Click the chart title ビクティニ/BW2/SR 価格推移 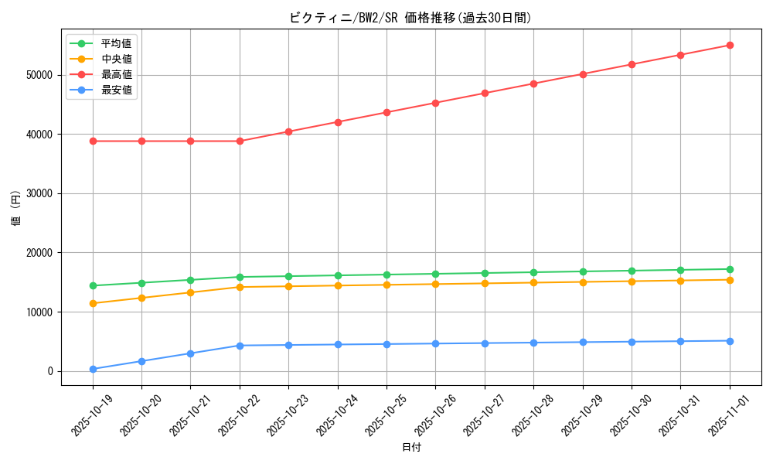pos(410,18)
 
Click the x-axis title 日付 pos(411,447)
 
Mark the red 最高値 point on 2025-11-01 pos(730,45)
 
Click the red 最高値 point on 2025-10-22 pos(240,141)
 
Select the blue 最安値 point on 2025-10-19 pos(93,369)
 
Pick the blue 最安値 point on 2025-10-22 pos(240,346)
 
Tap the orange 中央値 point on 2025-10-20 pos(141,298)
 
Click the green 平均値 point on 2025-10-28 pos(533,272)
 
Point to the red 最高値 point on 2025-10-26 pos(435,103)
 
